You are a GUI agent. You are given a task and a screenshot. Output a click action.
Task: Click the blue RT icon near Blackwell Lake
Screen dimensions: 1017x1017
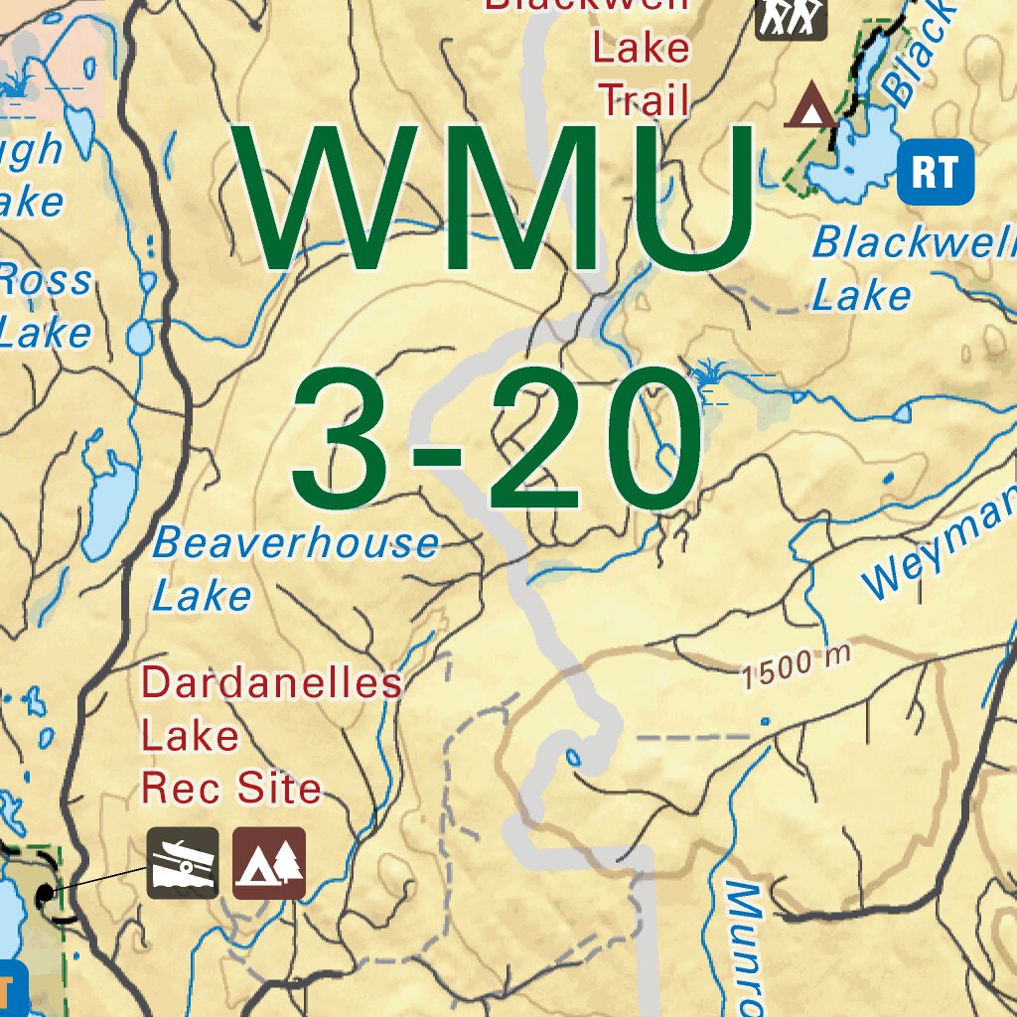click(x=935, y=172)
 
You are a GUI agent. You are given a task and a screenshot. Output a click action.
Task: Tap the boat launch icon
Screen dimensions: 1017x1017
click(x=183, y=863)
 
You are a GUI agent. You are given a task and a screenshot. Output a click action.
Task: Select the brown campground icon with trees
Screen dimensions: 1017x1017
click(x=269, y=863)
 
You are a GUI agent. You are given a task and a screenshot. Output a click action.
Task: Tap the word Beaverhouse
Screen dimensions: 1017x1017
click(x=295, y=543)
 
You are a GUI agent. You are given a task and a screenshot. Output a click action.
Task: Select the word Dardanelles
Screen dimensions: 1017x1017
click(x=272, y=683)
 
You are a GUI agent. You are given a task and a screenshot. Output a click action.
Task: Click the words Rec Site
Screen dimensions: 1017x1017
click(x=231, y=789)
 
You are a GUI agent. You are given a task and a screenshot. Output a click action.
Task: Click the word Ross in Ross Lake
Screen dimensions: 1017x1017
click(x=45, y=281)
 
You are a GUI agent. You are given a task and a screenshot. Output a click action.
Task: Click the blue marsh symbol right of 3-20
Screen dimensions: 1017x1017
click(x=709, y=377)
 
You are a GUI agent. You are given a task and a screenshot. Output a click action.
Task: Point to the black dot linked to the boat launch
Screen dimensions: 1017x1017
click(x=45, y=896)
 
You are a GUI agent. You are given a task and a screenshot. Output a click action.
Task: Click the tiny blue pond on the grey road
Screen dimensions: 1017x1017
click(x=573, y=758)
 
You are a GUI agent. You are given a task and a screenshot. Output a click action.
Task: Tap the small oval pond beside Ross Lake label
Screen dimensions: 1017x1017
click(x=140, y=337)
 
